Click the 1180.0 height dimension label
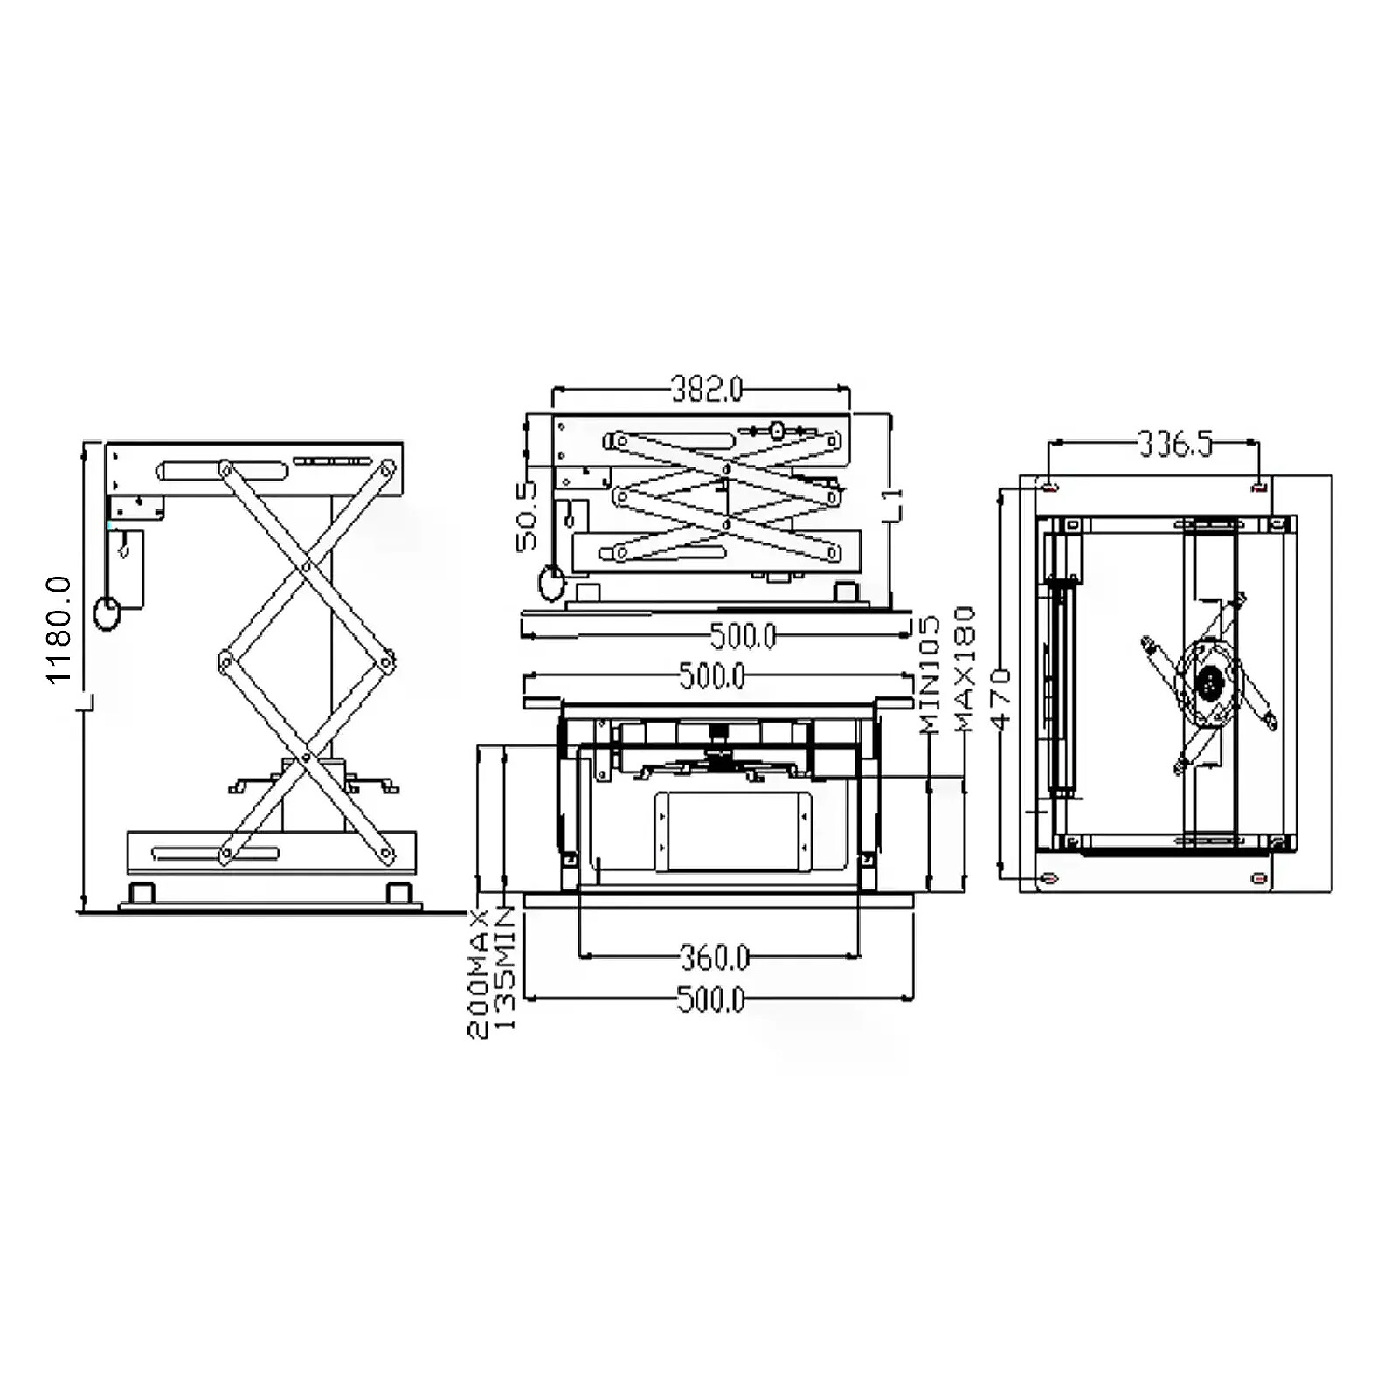point(59,629)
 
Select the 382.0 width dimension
point(707,389)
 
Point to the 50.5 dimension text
point(527,516)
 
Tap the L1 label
point(892,506)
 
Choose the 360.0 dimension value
point(715,959)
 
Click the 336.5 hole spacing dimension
point(1176,445)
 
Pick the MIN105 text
point(929,674)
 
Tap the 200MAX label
point(478,972)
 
